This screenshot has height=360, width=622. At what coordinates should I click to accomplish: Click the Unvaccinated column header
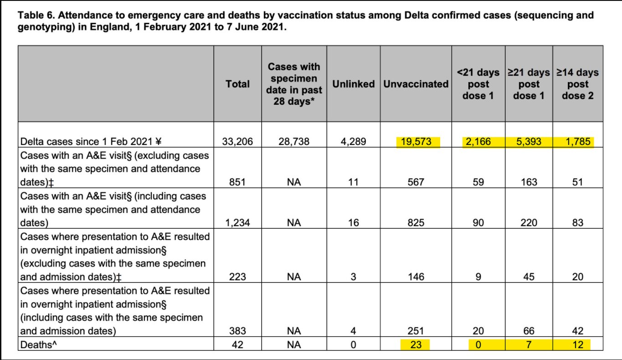416,84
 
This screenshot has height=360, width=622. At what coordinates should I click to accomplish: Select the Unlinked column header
353,84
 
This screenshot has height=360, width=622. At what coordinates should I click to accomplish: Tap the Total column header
237,84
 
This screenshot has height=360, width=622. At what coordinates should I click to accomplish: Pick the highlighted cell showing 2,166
478,142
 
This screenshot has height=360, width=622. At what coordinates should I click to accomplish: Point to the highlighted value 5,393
529,142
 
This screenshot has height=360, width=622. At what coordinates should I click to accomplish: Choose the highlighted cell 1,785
577,142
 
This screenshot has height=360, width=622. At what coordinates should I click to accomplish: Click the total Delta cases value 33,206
237,142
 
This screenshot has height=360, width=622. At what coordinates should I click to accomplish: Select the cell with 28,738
294,142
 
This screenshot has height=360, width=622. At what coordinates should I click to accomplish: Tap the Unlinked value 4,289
353,142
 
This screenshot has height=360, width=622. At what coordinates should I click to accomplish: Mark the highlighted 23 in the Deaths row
416,345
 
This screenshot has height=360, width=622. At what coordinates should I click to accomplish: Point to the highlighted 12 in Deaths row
577,345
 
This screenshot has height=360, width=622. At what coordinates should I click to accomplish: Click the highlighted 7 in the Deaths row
529,345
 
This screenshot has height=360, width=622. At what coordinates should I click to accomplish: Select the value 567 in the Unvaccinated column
416,182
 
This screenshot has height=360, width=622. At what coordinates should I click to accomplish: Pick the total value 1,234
237,223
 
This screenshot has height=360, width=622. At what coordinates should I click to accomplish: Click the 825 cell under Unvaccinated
416,223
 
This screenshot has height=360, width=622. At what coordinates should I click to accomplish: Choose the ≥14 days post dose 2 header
577,84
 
